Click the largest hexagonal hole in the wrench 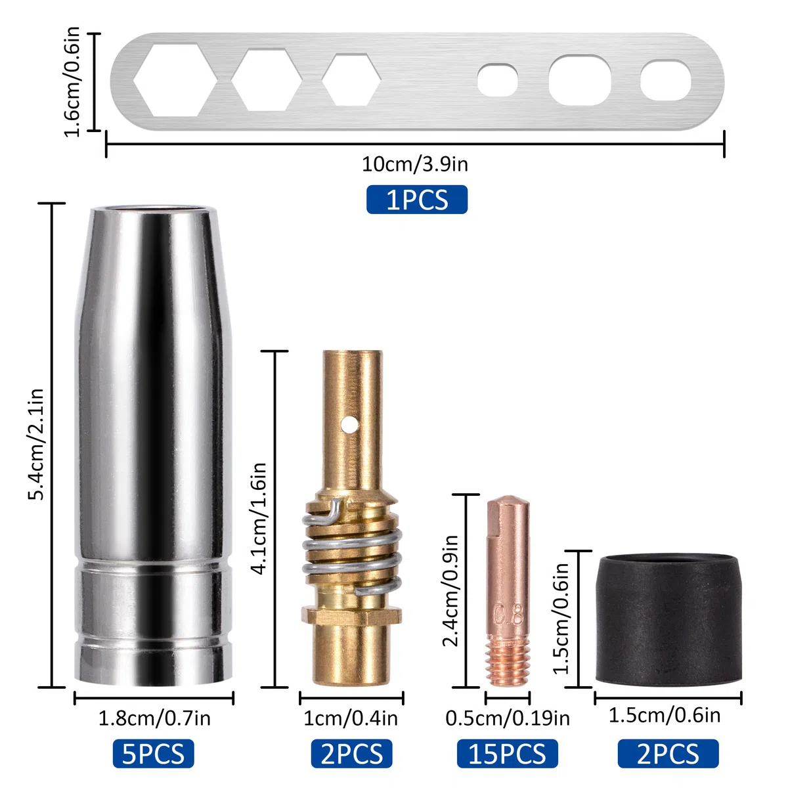click(175, 80)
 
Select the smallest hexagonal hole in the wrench click(351, 79)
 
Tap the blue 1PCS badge click(417, 200)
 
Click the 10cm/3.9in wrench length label click(414, 164)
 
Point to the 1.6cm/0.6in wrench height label click(72, 82)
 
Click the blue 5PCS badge click(154, 754)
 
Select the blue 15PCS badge click(507, 754)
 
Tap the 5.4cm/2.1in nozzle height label click(35, 445)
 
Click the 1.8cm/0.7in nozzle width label click(154, 718)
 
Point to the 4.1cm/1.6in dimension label click(259, 519)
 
